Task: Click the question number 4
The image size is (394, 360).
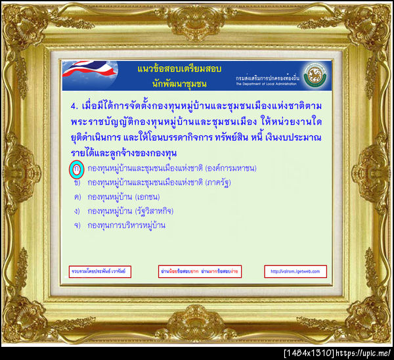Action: [x=72, y=106]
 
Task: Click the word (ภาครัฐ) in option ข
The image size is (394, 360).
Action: [x=221, y=183]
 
